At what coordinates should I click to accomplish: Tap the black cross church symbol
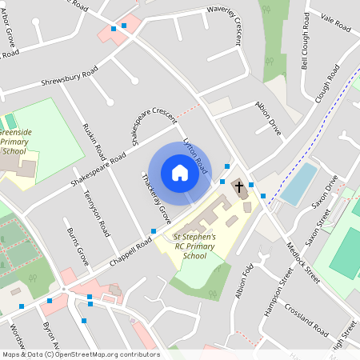coord(238,187)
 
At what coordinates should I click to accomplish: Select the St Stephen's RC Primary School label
coord(189,246)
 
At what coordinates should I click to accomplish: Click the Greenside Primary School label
coord(14,139)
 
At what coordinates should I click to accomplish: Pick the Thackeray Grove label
coord(155,198)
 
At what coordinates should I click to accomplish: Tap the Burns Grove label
coord(77,246)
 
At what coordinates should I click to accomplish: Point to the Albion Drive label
coord(268,116)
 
